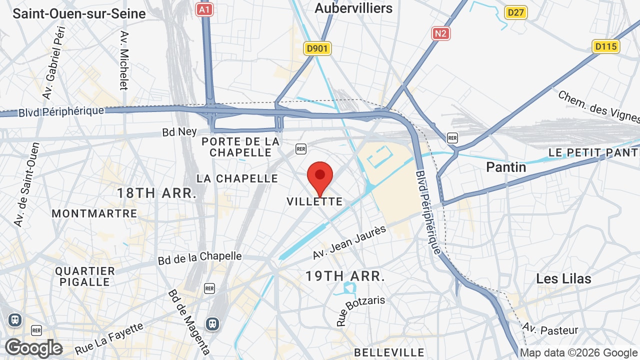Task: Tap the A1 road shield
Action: coord(204,9)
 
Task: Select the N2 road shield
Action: coord(440,33)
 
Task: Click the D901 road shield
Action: coord(317,48)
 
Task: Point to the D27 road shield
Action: coord(515,12)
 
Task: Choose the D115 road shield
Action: coord(606,46)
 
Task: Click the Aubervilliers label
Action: coord(353,8)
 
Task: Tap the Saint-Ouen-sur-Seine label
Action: coord(79,13)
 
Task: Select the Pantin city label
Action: coord(506,167)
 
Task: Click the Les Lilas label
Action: coord(563,278)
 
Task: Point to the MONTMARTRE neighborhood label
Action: coord(94,213)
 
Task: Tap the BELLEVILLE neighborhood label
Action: coord(389,352)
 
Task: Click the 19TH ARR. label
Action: coord(345,276)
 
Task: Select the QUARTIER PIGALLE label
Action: coord(85,276)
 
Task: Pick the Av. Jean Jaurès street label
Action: coord(349,242)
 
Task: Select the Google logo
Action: coord(33,348)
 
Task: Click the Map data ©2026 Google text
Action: coord(578,353)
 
